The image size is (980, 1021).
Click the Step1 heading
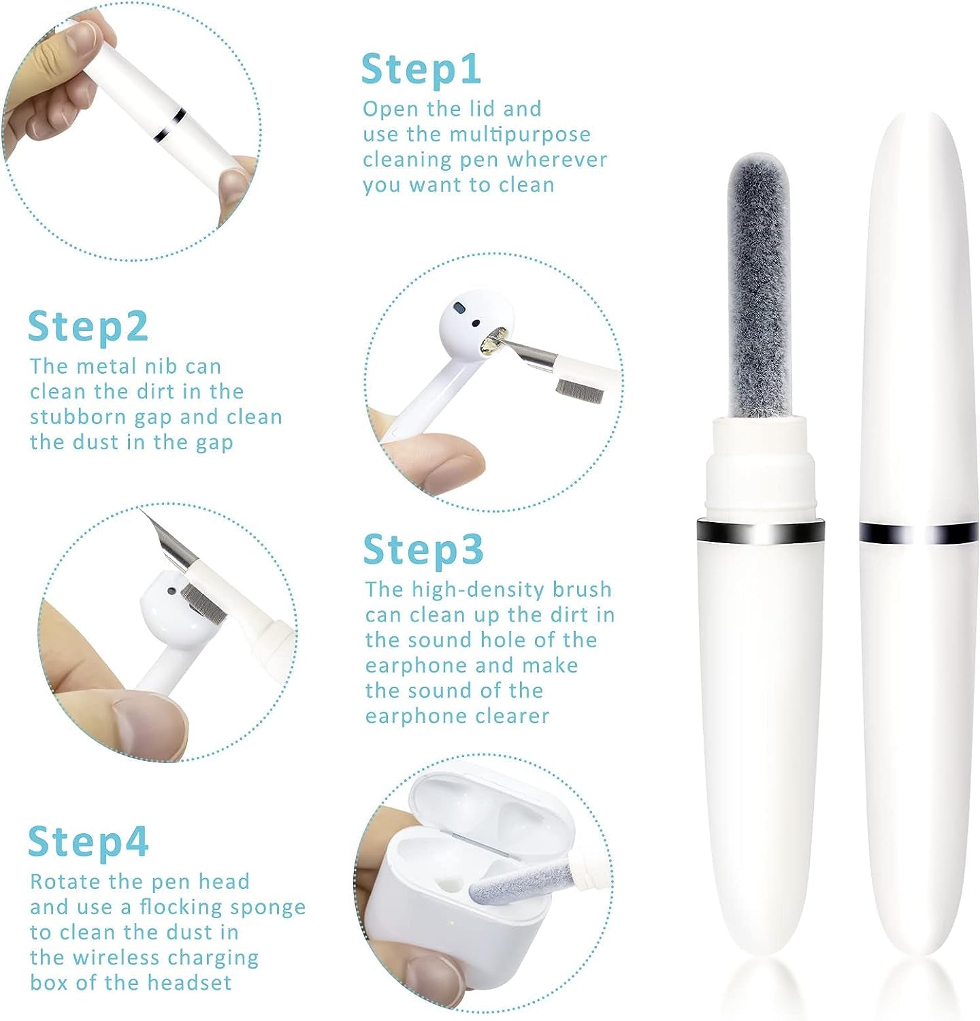coord(421,69)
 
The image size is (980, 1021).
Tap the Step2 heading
coord(88,327)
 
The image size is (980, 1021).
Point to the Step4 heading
coord(88,841)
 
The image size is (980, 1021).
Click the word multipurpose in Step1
coord(519,135)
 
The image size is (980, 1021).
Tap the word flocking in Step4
coord(181,907)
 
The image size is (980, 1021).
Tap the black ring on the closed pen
coord(918,533)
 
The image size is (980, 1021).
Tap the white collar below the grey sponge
coord(760,463)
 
